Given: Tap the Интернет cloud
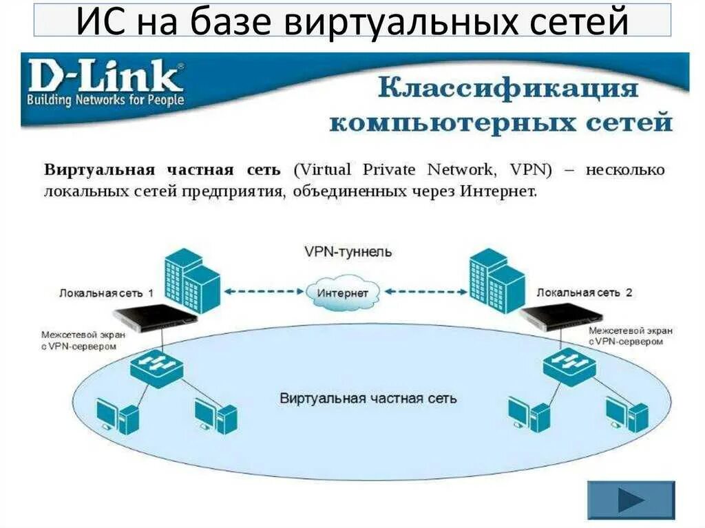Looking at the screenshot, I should click(343, 292).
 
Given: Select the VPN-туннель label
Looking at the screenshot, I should click(348, 252).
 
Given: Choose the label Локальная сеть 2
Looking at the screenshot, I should click(584, 293).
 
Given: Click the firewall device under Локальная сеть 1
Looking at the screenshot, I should click(154, 315).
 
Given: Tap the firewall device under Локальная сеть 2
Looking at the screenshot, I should click(561, 316).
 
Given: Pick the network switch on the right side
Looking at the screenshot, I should click(569, 364).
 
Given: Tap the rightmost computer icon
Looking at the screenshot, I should click(627, 414).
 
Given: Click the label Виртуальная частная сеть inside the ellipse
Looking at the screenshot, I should click(368, 399).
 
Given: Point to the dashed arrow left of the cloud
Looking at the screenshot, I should click(265, 292).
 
